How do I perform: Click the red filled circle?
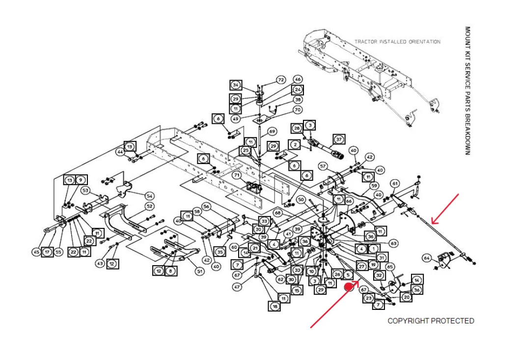pos(349,287)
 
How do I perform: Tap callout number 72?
pos(281,80)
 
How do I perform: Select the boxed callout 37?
pos(339,139)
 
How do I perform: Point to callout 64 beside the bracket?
pos(427,258)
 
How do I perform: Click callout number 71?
pos(237,175)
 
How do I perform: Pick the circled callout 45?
pos(36,252)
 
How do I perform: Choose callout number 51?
pos(199,272)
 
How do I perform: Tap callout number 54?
pos(150,196)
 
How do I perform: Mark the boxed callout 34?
pos(236,85)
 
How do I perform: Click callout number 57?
pos(323,166)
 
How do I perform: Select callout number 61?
pos(395,184)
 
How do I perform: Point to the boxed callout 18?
pos(274,306)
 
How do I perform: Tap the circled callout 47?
pos(237,287)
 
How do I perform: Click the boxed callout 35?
pos(219,252)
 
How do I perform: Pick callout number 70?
pos(298,110)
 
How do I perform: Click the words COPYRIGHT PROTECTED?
pos(431,321)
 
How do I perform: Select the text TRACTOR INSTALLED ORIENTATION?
pos(397,42)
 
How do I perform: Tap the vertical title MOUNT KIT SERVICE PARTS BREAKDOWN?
pos(467,90)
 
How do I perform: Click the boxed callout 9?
pos(81,180)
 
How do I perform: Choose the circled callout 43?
pos(100,264)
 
